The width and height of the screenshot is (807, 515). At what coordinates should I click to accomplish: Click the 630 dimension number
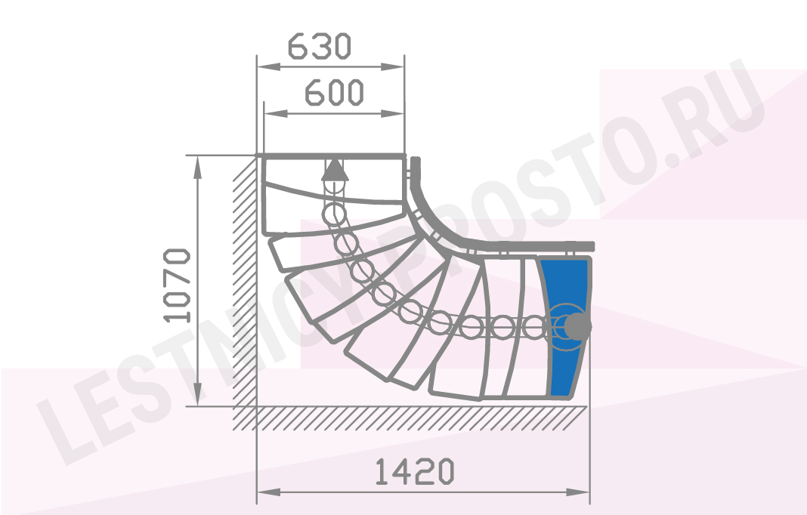(x=320, y=46)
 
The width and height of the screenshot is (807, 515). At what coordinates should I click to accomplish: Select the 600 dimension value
(x=335, y=93)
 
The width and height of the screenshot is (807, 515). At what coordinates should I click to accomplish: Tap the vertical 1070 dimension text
(x=177, y=285)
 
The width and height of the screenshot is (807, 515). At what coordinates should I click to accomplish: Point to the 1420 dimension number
(x=414, y=472)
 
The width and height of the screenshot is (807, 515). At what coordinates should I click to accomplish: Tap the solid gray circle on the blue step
(x=577, y=326)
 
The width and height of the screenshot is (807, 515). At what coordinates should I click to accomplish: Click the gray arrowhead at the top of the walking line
(x=335, y=170)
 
